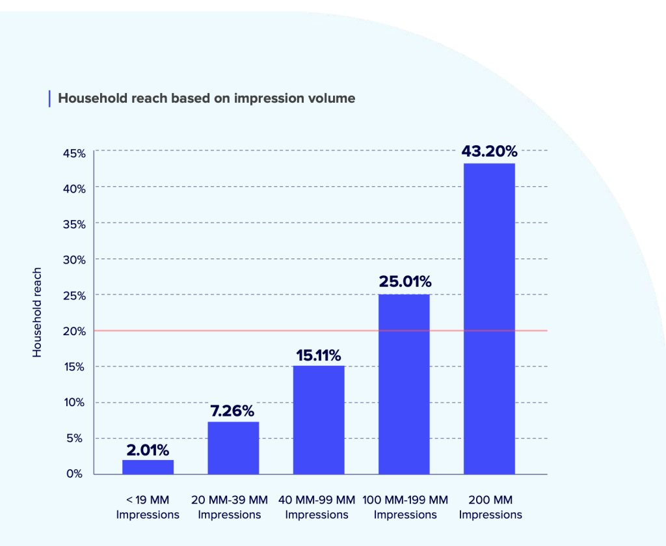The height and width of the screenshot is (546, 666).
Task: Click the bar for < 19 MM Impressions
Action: (x=148, y=467)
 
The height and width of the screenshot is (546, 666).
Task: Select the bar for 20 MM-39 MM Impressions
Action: (x=233, y=448)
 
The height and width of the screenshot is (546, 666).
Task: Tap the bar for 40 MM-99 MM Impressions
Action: (x=319, y=420)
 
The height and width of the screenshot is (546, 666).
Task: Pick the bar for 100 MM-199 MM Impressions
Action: (x=404, y=384)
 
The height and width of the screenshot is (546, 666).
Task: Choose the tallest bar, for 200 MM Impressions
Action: (x=489, y=319)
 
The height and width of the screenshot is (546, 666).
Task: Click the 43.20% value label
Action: (x=489, y=151)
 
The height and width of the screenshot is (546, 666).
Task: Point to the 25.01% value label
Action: (x=404, y=282)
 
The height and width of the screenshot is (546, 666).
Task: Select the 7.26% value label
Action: (x=233, y=411)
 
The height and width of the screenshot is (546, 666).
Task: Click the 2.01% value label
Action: (x=148, y=450)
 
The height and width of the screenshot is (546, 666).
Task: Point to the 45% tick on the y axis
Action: (x=74, y=153)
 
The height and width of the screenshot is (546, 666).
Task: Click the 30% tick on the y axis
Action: (x=74, y=260)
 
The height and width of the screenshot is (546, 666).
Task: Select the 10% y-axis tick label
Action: (x=74, y=402)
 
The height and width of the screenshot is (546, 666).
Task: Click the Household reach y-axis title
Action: (x=37, y=312)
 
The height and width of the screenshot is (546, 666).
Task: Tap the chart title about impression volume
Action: (x=207, y=98)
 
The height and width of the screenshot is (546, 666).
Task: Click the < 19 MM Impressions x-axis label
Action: (x=148, y=508)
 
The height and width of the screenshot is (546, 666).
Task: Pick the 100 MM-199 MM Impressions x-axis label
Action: (x=405, y=508)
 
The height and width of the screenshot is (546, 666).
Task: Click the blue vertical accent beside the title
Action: (x=49, y=98)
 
